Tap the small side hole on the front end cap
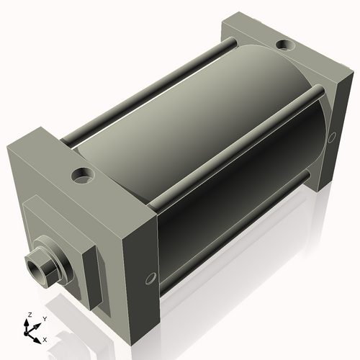pos(150,277)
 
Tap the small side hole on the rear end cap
pos(332,137)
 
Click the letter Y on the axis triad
pos(44,318)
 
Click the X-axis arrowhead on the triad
pos(38,336)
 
